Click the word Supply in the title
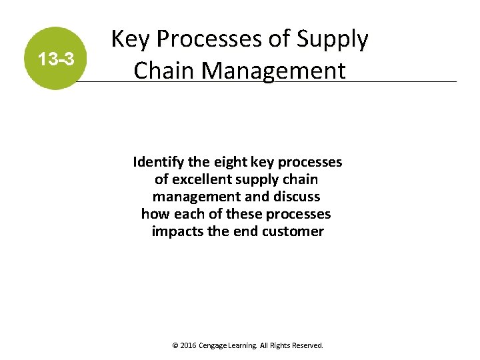[x=332, y=40]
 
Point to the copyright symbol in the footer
[x=175, y=346]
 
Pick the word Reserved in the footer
[x=307, y=346]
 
